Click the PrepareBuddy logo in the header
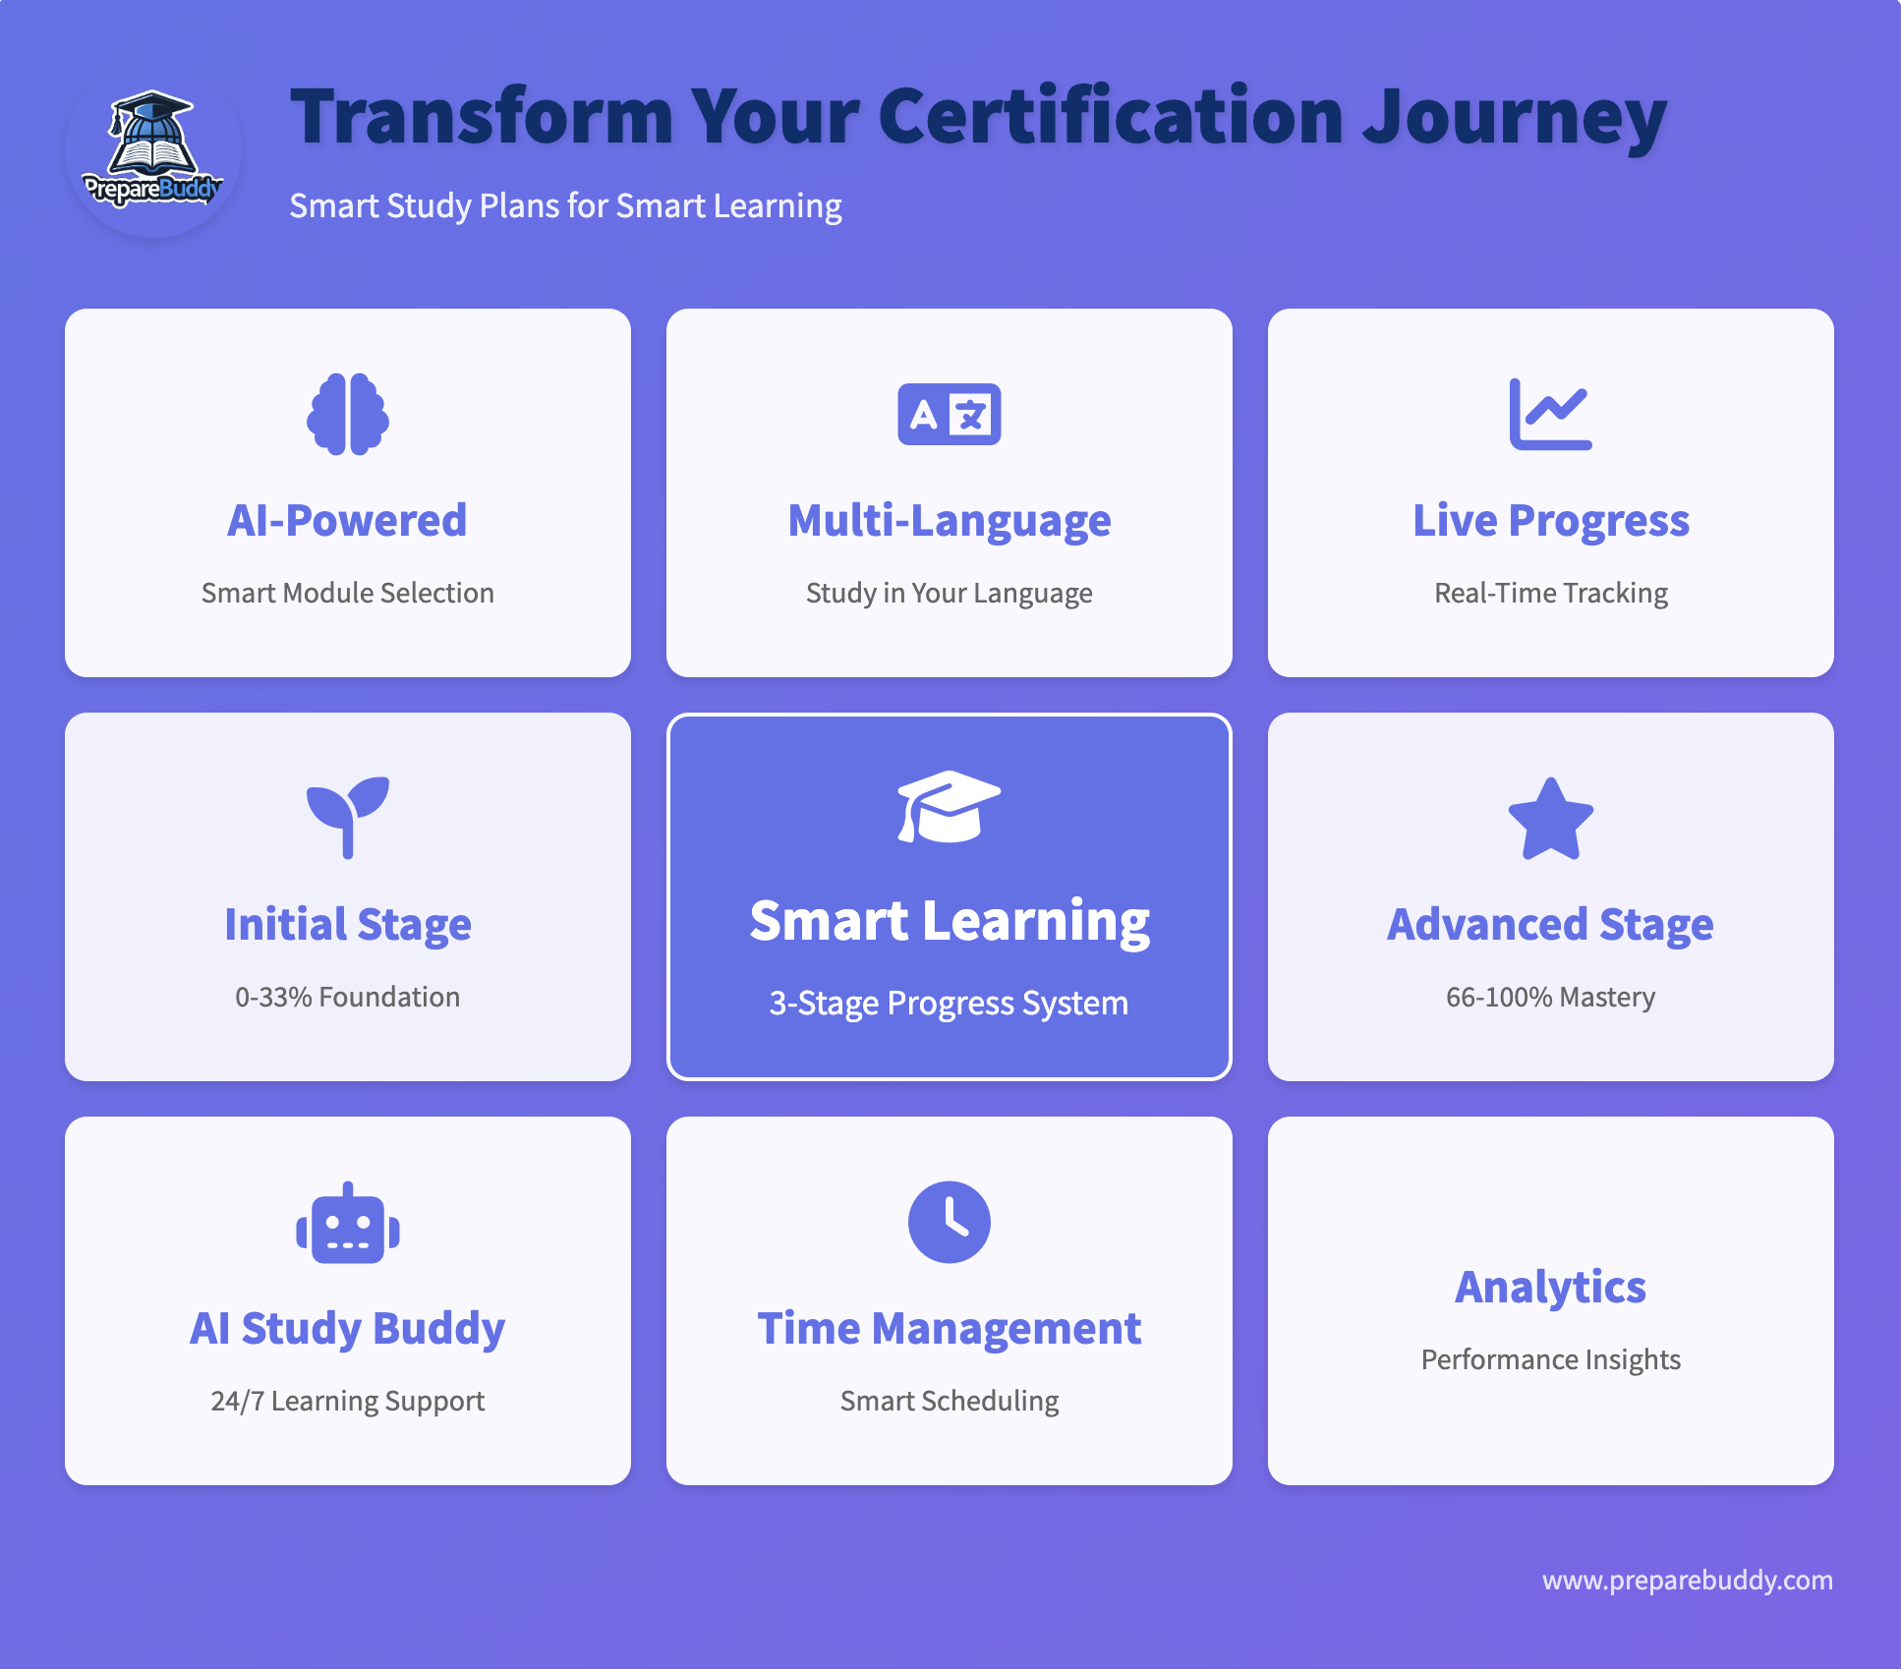pyautogui.click(x=152, y=150)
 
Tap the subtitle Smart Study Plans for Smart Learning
pyautogui.click(x=565, y=206)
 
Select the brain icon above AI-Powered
pyautogui.click(x=348, y=414)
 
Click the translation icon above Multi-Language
pyautogui.click(x=950, y=414)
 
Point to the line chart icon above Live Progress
pyautogui.click(x=1550, y=414)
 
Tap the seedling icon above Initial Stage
pyautogui.click(x=348, y=818)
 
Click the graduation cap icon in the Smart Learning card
pyautogui.click(x=950, y=807)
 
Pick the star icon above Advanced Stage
pyautogui.click(x=1551, y=819)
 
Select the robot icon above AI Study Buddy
pyautogui.click(x=348, y=1223)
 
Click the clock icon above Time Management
pyautogui.click(x=950, y=1222)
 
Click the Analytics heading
pyautogui.click(x=1550, y=1287)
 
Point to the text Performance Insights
pyautogui.click(x=1550, y=1359)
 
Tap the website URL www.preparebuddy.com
pyautogui.click(x=1687, y=1581)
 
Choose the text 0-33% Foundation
pyautogui.click(x=347, y=997)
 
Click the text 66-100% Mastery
pyautogui.click(x=1550, y=997)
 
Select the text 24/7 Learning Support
pyautogui.click(x=347, y=1401)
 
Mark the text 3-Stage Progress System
pyautogui.click(x=949, y=1004)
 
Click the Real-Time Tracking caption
pyautogui.click(x=1550, y=593)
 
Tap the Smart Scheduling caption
pyautogui.click(x=949, y=1401)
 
